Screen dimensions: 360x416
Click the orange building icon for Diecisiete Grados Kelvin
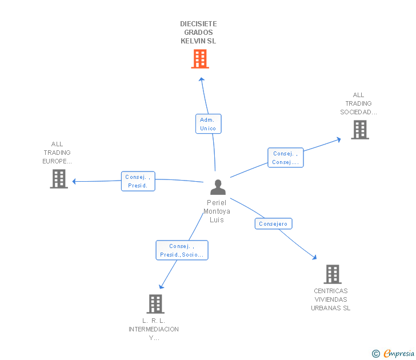tap(199, 58)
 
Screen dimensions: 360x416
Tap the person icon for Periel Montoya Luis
tap(218, 187)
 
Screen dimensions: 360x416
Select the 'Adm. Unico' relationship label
tap(208, 124)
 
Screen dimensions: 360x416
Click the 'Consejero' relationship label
tap(273, 223)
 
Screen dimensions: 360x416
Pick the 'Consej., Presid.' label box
tap(138, 181)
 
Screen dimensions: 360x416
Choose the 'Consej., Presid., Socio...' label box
tap(182, 250)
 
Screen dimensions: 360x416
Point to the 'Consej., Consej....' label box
tap(285, 158)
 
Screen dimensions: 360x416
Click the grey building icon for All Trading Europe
tap(59, 178)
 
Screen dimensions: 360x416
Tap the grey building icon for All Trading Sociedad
tap(359, 130)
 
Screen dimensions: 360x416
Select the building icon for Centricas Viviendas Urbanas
tap(332, 274)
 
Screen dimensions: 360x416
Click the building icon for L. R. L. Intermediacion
tap(155, 303)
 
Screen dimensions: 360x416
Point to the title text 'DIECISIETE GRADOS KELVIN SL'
tap(198, 33)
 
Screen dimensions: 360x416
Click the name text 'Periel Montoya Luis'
tap(217, 211)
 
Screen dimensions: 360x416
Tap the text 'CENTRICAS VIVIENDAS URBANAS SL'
tap(330, 299)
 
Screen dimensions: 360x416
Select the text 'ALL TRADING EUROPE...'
tap(57, 153)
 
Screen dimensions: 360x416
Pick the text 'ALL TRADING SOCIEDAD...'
tap(358, 103)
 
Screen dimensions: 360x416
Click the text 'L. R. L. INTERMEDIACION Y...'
tap(154, 329)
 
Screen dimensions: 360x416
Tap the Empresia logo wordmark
tap(399, 354)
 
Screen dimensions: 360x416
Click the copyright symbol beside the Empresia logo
tap(375, 354)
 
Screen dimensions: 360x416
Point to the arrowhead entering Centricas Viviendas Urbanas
tap(314, 258)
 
